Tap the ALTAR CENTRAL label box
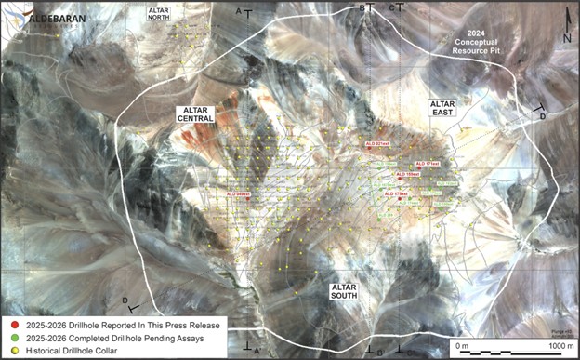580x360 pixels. tap(196, 114)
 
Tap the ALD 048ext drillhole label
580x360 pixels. tap(240, 193)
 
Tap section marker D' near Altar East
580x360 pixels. tap(542, 114)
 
